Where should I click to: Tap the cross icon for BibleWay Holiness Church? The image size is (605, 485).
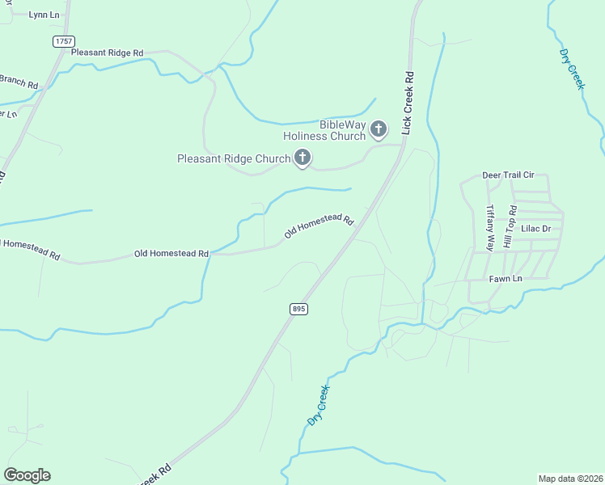pos(378,128)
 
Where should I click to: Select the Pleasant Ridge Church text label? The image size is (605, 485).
pos(234,158)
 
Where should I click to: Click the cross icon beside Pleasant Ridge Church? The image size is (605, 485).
pos(302,158)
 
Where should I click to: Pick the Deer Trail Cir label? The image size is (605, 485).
pos(510,175)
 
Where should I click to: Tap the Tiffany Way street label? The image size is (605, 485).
pos(489,227)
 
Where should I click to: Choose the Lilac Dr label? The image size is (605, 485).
pos(535,229)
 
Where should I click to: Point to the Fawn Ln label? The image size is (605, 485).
pos(506,279)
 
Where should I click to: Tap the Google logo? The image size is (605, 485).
pos(27,474)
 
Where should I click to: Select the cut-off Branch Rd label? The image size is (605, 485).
pos(18,81)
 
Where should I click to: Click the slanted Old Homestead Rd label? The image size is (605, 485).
pos(319,226)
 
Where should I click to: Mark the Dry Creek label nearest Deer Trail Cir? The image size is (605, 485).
pos(572,69)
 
